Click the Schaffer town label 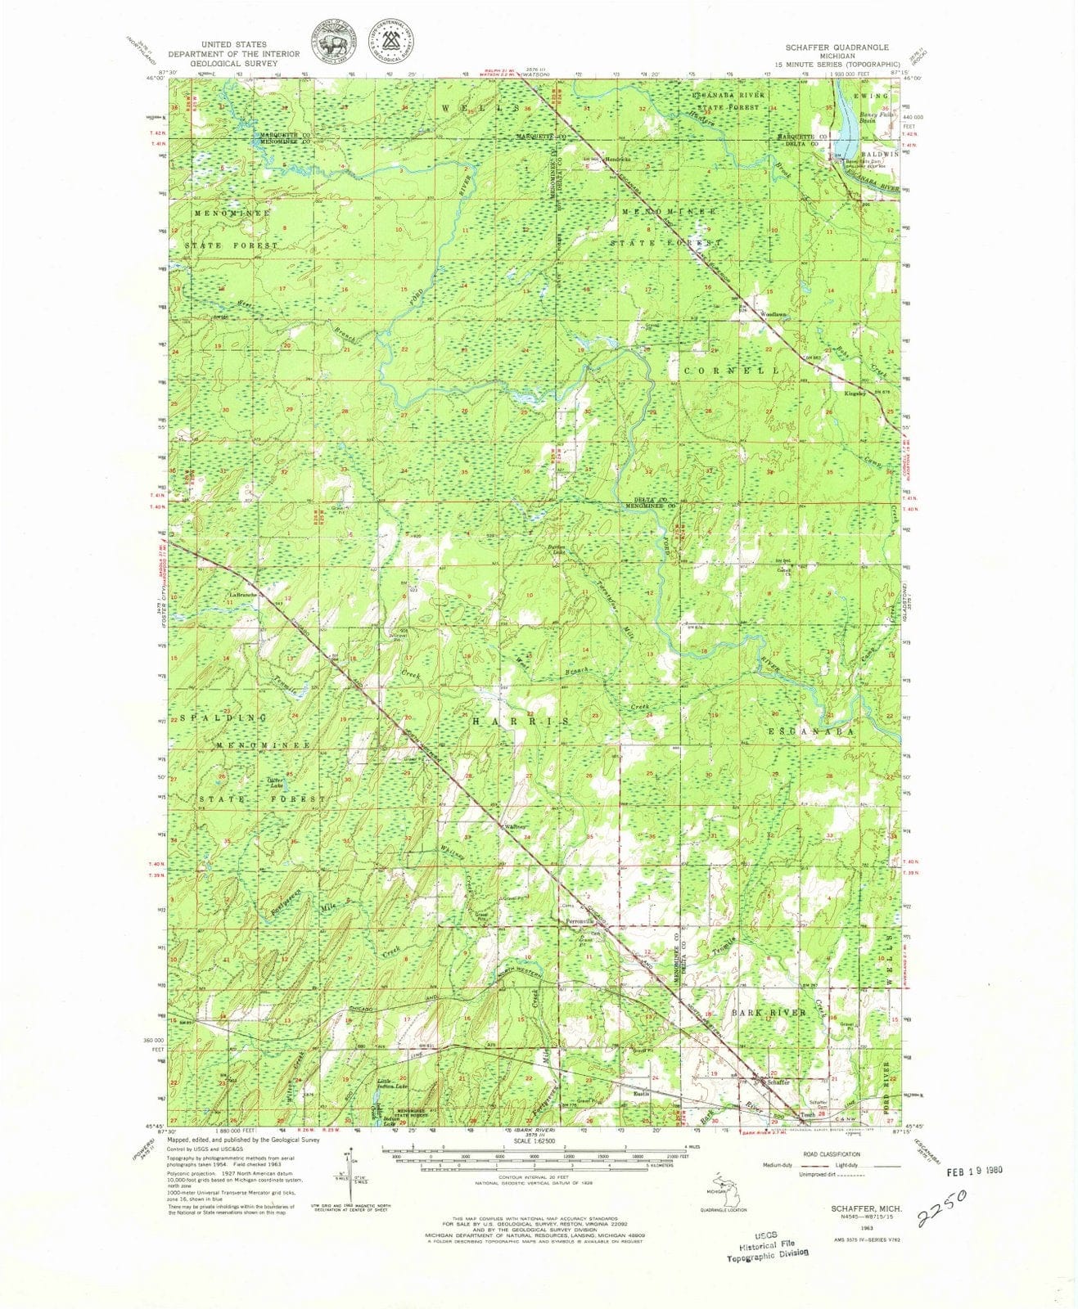(778, 1082)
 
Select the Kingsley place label (856, 394)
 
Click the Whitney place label (514, 827)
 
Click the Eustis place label (642, 1092)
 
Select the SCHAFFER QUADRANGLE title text (833, 47)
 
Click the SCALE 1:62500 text (532, 1141)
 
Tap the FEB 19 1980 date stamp (973, 1170)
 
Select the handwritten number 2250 (942, 1208)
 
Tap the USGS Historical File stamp (768, 1248)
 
